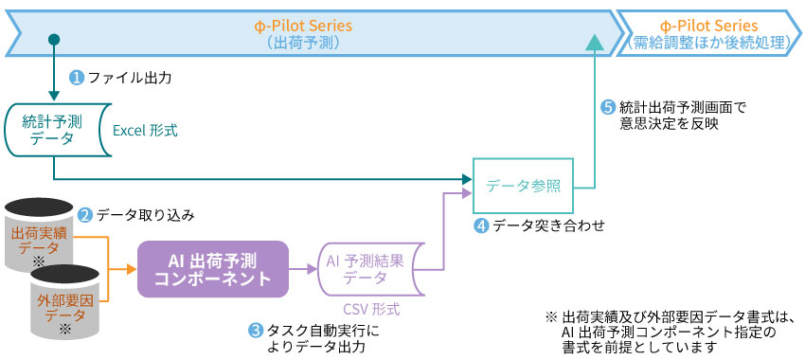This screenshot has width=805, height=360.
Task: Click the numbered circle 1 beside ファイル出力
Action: tap(77, 77)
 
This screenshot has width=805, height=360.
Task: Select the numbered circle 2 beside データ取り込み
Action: tap(84, 215)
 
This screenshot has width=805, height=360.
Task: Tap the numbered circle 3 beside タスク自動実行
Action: tap(255, 331)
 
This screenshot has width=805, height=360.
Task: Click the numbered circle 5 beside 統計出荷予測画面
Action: tap(608, 107)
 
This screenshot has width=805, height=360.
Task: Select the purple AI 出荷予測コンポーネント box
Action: tap(213, 268)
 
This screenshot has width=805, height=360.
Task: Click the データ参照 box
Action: tap(524, 187)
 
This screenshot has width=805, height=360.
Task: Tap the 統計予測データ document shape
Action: tap(52, 130)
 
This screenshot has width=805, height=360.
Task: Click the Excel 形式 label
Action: tap(145, 131)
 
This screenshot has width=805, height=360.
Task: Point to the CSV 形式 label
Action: tap(370, 309)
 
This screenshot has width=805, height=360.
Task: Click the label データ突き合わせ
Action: tap(548, 225)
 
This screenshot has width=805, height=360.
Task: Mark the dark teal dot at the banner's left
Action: tap(54, 38)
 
